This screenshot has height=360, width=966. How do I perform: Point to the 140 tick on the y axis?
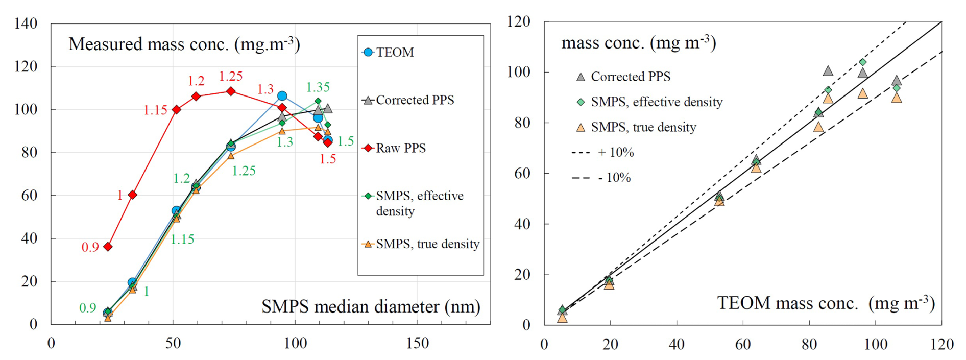pos(26,23)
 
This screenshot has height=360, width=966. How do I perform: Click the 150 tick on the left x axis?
pos(417,343)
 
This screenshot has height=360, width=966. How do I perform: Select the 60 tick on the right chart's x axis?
pos(743,344)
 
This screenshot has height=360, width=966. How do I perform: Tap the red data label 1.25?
pos(230,77)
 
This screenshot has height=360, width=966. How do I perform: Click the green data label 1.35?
pos(318,87)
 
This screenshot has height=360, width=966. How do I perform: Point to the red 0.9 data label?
pos(90,248)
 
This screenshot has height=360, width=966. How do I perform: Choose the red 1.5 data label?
pos(327,159)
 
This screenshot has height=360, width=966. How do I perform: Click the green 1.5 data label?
pos(346,141)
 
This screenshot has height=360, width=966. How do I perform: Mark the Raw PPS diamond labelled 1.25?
pos(231,91)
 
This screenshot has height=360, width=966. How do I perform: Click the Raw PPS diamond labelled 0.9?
pos(108,247)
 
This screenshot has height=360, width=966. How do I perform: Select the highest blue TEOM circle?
pos(282,96)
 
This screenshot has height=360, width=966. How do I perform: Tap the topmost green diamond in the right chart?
pos(862,62)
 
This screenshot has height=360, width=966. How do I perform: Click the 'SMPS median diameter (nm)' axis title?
pos(371,306)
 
